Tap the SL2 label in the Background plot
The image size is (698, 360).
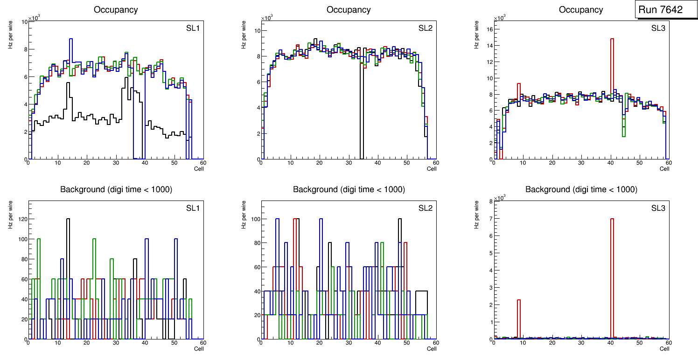[425, 208]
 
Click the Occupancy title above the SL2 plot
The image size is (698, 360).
[349, 10]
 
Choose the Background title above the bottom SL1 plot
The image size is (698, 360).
[116, 189]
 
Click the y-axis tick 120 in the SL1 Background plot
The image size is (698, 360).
[21, 219]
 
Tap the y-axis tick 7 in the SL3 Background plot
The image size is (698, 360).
[490, 219]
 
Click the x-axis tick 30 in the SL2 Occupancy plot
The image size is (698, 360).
[348, 163]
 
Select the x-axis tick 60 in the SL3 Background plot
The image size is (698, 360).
[668, 343]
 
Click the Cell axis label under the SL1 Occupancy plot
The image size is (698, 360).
[199, 168]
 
